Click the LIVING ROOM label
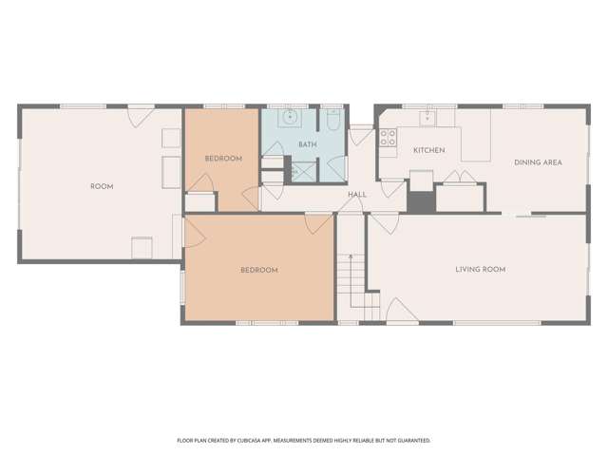pos(480,270)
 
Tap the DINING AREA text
pos(538,162)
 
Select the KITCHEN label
pos(428,151)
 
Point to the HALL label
pos(357,195)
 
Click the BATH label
pos(307,144)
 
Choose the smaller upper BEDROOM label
pos(223,158)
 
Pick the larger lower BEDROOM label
pos(258,271)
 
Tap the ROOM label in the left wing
pos(102,186)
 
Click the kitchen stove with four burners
pos(388,142)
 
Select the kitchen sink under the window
pos(428,118)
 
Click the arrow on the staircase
pos(349,257)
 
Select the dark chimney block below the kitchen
pos(421,201)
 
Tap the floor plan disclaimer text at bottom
pos(304,441)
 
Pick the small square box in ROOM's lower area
pos(142,247)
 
